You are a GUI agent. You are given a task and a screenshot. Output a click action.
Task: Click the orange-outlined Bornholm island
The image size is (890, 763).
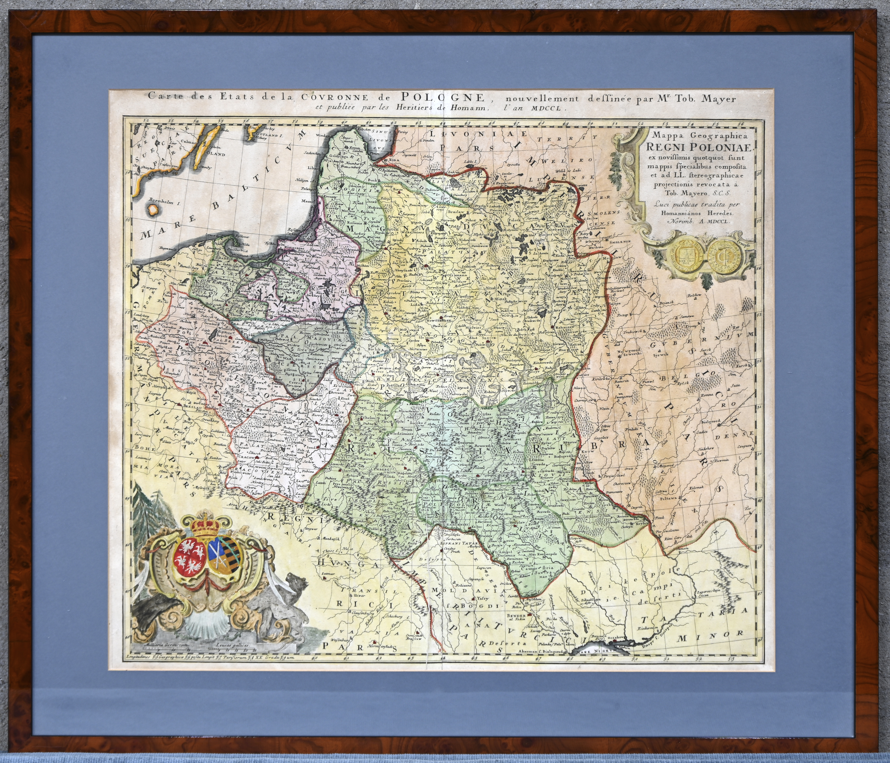click(x=152, y=210)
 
